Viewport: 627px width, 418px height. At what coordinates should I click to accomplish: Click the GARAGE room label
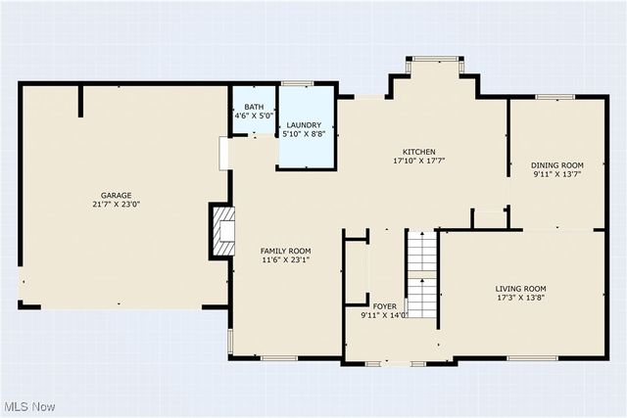tap(116, 195)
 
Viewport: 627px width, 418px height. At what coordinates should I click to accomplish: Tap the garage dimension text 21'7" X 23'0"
tap(116, 205)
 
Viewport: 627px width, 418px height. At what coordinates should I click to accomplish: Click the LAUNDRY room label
tap(304, 125)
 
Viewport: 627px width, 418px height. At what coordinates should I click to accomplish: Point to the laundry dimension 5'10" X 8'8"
tap(304, 134)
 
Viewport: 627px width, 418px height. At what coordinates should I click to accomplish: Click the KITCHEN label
tap(414, 152)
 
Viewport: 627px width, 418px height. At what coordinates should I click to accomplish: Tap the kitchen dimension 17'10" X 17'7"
tap(414, 161)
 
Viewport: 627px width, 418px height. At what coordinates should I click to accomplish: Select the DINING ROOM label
tap(557, 165)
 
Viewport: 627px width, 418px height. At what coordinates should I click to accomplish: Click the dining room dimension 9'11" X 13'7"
tap(557, 175)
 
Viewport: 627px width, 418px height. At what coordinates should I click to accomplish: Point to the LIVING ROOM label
tap(520, 286)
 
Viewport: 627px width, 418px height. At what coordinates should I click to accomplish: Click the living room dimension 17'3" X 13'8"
tap(520, 296)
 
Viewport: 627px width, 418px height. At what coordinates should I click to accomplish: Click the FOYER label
tap(384, 305)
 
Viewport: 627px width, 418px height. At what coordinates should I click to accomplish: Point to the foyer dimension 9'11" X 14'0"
tap(384, 315)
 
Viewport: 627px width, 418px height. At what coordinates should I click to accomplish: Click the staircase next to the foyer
tap(421, 274)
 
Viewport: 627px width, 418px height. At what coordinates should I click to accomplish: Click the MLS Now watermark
tap(28, 406)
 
